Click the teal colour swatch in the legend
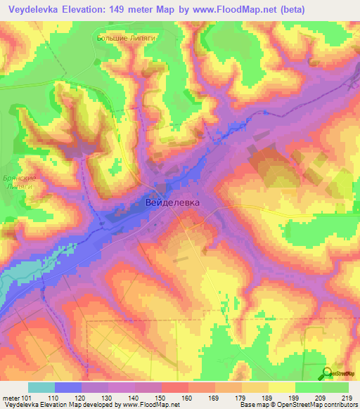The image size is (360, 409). click(41, 387)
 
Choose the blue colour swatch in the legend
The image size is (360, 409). click(68, 387)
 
